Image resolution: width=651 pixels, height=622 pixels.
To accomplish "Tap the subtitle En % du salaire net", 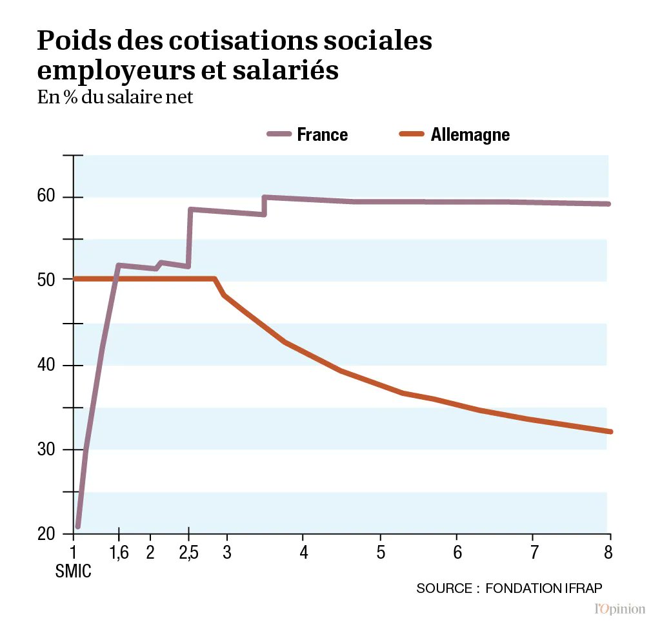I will tap(115, 98).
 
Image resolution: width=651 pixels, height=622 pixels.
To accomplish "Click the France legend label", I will tap(322, 134).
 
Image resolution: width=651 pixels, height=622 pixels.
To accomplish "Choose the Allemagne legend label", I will tap(470, 134).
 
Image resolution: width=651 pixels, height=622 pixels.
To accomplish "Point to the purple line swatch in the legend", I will tap(279, 134).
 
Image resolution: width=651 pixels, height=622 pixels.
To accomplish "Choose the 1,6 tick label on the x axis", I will tap(119, 553).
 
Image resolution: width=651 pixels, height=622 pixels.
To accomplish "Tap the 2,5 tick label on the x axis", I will tap(188, 553).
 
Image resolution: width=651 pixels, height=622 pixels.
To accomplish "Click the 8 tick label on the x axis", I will tap(608, 553).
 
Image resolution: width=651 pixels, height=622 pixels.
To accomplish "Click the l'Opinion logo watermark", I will tap(619, 608).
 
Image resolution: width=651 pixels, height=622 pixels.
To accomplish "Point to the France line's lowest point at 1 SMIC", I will tap(78, 526).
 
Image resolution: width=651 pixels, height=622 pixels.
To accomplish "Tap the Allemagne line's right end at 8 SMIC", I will tap(609, 431).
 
